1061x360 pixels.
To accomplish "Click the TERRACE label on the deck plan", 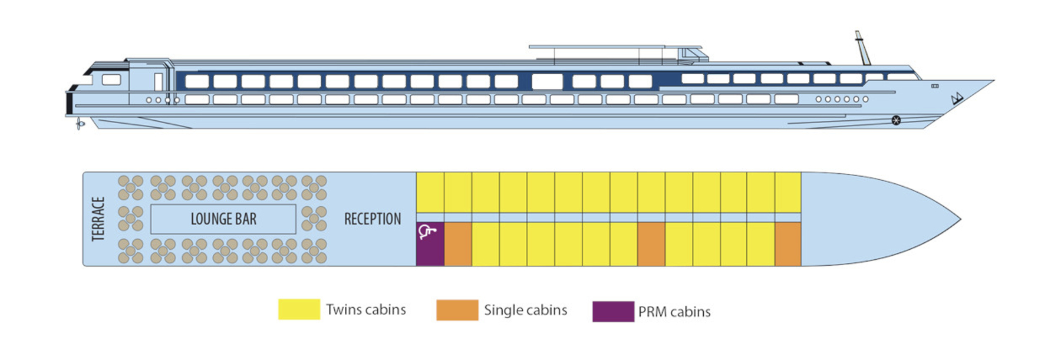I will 98,219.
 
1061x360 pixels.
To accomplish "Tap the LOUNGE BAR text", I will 223,219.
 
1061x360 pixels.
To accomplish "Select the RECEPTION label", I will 373,219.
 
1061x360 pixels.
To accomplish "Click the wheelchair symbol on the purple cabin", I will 427,232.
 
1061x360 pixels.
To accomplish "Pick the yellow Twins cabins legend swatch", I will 299,310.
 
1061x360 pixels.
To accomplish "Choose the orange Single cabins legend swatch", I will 457,311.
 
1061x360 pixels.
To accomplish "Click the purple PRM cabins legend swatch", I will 613,312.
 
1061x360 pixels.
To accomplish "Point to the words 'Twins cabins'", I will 366,310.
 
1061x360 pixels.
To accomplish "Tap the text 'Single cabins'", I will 525,311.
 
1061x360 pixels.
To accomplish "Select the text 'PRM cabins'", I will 674,312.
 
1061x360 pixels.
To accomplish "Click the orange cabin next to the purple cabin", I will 458,244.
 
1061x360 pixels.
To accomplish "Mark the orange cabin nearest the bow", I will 788,244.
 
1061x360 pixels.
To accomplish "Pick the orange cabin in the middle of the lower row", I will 651,244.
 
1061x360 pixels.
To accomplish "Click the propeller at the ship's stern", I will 80,124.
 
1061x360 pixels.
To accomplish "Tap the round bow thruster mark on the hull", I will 896,121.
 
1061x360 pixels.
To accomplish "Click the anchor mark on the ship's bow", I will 957,98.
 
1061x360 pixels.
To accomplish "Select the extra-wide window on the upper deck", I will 547,81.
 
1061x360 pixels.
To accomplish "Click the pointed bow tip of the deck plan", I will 960,220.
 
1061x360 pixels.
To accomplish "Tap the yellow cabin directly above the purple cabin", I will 430,192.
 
